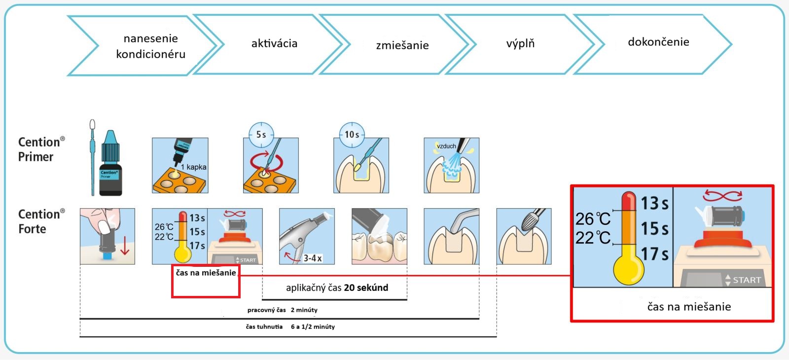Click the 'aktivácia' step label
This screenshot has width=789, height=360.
(274, 43)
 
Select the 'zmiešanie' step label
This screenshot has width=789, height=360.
(402, 45)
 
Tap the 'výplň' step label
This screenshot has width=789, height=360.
(520, 44)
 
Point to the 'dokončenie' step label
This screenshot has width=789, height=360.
(658, 42)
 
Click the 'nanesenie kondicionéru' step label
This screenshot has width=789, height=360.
(150, 46)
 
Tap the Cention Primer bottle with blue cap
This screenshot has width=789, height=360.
(110, 163)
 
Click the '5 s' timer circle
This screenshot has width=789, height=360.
(261, 135)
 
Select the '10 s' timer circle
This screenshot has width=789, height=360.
(352, 135)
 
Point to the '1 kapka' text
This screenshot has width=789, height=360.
(193, 167)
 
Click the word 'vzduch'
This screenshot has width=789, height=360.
(446, 146)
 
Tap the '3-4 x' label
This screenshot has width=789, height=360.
(313, 258)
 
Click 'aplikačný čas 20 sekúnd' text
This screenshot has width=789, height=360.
(337, 288)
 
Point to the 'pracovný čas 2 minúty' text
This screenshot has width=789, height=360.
(282, 310)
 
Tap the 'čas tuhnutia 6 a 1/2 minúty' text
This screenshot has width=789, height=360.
(290, 326)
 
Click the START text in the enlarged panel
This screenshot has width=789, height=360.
(746, 280)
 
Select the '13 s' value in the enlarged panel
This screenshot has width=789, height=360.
(654, 203)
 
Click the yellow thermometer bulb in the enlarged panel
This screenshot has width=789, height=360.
(628, 270)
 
